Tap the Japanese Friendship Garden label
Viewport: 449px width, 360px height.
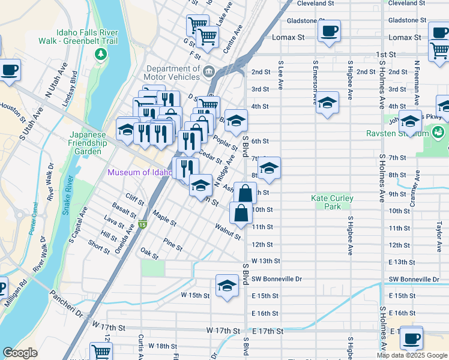(x=88, y=143)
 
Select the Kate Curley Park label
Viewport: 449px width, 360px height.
(x=332, y=202)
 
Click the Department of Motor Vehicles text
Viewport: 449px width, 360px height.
(x=172, y=73)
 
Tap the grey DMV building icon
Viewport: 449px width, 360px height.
(x=209, y=72)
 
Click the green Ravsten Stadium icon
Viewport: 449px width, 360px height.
(x=439, y=131)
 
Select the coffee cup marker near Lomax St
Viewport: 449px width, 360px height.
(x=329, y=31)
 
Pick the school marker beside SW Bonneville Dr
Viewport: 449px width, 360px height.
(x=227, y=286)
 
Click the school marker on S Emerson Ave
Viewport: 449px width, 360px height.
(x=327, y=103)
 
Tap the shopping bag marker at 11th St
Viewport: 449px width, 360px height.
(x=241, y=213)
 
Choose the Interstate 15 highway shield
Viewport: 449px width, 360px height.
(x=142, y=225)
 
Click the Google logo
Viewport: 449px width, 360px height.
(x=20, y=353)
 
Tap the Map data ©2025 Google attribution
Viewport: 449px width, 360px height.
(x=412, y=355)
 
